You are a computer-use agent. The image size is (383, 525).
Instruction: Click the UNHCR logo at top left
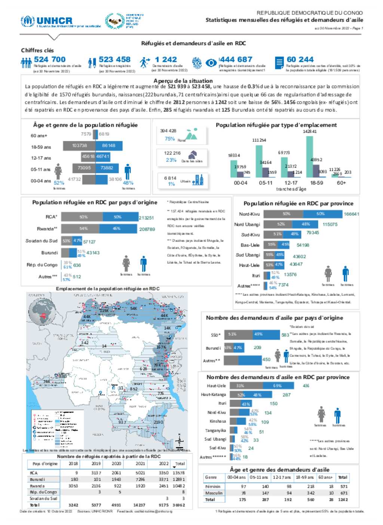47,21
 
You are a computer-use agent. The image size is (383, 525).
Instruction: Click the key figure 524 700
49,59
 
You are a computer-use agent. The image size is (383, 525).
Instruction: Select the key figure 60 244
300,59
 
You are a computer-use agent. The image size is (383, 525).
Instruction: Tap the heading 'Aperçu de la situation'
183,81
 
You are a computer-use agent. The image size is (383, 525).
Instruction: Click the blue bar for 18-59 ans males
109,145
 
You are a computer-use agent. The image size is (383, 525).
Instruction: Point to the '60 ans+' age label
39,135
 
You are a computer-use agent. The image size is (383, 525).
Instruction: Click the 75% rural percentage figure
170,139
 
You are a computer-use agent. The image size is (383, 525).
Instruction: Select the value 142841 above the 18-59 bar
310,132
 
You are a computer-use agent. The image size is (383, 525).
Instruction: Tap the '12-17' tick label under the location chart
291,183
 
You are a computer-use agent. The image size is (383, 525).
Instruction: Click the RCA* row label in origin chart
51,217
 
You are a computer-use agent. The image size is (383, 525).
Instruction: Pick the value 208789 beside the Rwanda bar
147,229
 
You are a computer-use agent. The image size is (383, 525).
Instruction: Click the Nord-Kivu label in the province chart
249,214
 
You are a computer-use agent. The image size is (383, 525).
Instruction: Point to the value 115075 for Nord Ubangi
330,224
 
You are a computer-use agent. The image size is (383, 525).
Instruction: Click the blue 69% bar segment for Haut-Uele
277,386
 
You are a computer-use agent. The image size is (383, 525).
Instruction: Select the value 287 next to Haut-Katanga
287,395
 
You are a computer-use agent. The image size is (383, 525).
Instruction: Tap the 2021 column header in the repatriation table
140,464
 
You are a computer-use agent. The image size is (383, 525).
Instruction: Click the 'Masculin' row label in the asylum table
214,493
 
